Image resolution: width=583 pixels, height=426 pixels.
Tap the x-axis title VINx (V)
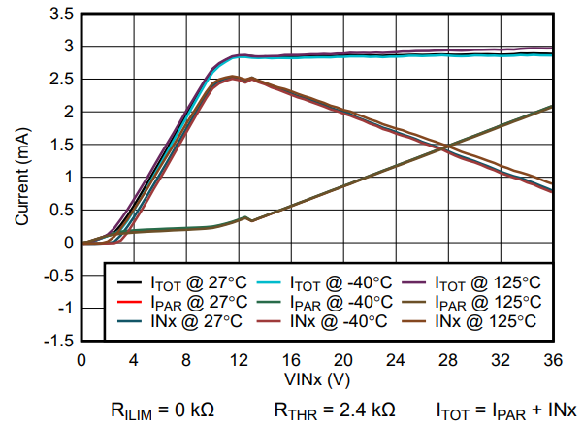316,377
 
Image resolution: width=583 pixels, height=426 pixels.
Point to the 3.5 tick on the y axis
61,14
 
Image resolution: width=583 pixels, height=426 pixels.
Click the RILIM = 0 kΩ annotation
161,409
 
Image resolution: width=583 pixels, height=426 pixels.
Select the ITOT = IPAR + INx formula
505,409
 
